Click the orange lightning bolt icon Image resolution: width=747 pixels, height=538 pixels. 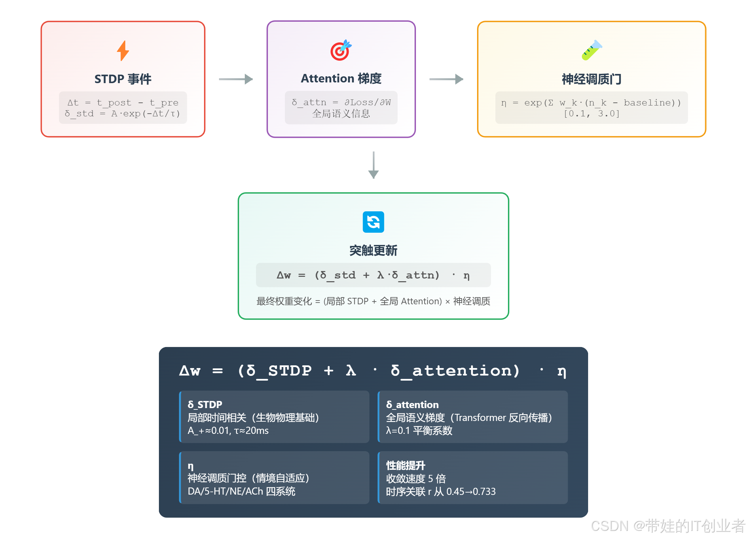(x=123, y=51)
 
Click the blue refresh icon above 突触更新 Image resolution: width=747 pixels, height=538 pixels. (x=373, y=222)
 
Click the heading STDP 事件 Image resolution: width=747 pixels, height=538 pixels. (x=123, y=79)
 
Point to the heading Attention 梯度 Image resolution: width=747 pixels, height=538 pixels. (x=341, y=78)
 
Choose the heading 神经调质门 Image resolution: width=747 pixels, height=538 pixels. (x=591, y=79)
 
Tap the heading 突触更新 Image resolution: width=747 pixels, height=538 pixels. (x=373, y=251)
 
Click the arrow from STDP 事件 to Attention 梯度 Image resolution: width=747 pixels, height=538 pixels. (x=236, y=79)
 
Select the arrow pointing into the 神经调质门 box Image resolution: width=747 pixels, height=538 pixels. (x=446, y=79)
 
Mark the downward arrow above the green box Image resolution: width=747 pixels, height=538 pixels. (x=373, y=165)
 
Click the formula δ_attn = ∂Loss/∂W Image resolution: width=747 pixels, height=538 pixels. (x=341, y=102)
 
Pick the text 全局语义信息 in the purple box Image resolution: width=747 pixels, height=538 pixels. (x=341, y=114)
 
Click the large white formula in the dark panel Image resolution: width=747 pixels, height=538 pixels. (x=372, y=371)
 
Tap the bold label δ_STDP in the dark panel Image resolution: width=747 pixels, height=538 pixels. (x=205, y=404)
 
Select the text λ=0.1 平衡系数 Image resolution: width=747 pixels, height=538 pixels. (x=419, y=430)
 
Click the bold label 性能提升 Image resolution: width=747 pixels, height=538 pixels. (x=405, y=465)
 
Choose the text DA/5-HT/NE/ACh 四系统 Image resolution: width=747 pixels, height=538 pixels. (x=241, y=491)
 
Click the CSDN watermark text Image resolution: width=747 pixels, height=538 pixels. (x=668, y=526)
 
